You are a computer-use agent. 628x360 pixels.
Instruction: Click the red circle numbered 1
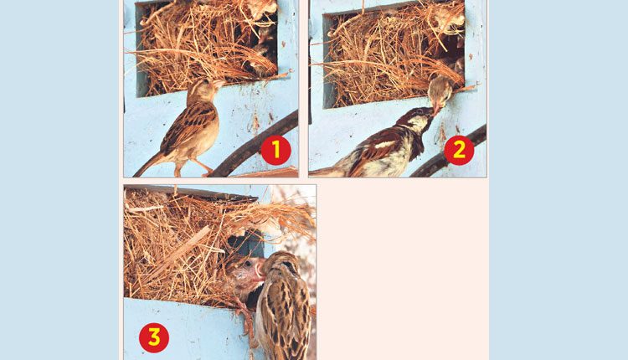pyautogui.click(x=275, y=150)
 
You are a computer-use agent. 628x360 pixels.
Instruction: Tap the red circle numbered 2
pyautogui.click(x=459, y=150)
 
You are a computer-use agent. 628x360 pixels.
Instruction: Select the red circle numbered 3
pyautogui.click(x=154, y=337)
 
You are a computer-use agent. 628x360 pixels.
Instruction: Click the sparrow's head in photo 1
pyautogui.click(x=203, y=90)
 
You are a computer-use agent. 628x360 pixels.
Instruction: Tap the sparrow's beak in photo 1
pyautogui.click(x=220, y=84)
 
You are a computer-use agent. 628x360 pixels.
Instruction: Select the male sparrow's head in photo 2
pyautogui.click(x=416, y=120)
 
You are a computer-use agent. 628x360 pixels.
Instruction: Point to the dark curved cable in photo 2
pyautogui.click(x=449, y=154)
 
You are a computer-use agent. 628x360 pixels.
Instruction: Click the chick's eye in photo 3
pyautogui.click(x=250, y=264)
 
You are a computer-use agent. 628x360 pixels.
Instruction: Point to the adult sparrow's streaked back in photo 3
pyautogui.click(x=287, y=316)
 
